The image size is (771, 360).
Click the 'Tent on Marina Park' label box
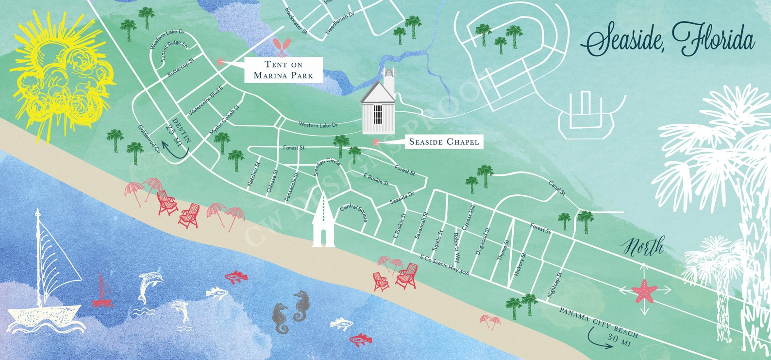point(283,69)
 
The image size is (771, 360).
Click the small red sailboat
point(102,291)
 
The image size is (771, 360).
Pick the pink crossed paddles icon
point(282,46)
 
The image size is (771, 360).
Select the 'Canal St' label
point(557,188)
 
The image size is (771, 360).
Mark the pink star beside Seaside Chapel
point(375,142)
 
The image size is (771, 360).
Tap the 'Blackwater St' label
point(296,20)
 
